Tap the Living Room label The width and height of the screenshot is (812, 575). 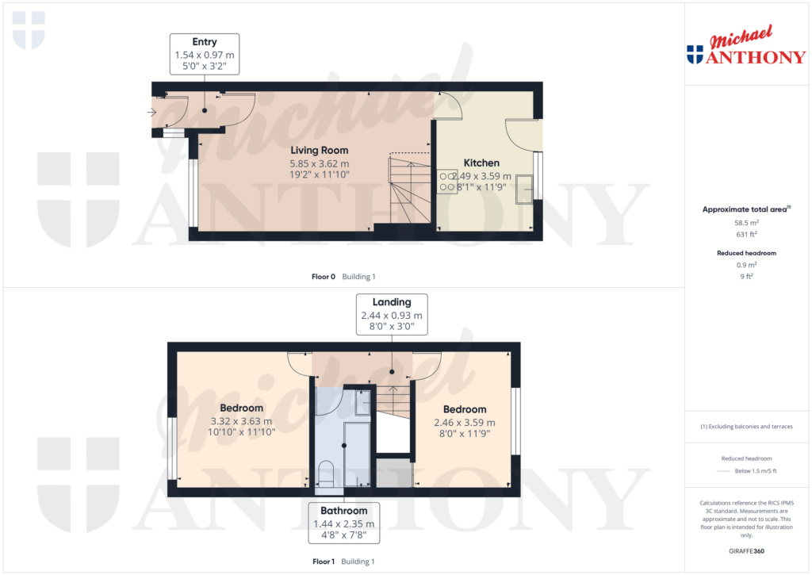[319, 150]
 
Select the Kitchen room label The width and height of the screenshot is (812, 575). [481, 163]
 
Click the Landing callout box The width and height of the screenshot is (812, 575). [392, 314]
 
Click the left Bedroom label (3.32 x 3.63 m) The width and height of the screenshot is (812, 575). [241, 408]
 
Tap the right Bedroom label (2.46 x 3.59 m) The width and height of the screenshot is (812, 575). [464, 409]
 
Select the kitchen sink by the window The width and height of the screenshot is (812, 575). [525, 189]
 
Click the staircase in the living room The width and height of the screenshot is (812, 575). [408, 190]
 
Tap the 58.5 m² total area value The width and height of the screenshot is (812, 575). [745, 224]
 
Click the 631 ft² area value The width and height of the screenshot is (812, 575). [745, 235]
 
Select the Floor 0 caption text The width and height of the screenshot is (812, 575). [324, 277]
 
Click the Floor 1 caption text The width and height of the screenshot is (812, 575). [324, 562]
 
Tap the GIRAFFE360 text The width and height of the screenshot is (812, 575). [745, 550]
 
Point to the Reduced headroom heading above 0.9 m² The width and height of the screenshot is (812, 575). [745, 253]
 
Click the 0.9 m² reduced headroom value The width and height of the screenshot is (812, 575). [745, 265]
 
